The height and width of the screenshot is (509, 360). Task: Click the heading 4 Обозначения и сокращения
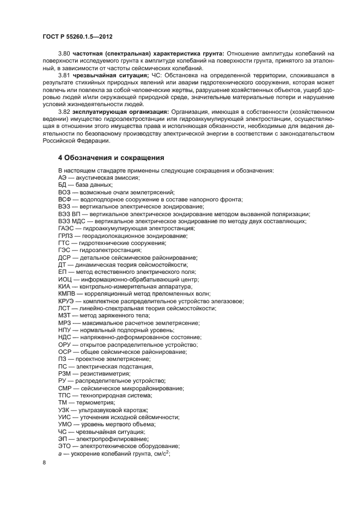(111, 158)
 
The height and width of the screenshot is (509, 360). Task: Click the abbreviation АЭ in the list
(63, 178)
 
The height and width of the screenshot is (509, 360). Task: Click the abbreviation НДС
(65, 338)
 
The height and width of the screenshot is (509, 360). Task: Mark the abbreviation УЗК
(64, 410)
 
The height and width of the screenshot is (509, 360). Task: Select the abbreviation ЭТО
(65, 446)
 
